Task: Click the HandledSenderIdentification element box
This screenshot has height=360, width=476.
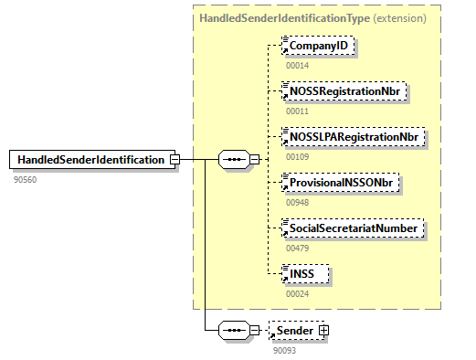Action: [90, 160]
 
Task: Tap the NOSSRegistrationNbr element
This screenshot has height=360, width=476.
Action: [344, 90]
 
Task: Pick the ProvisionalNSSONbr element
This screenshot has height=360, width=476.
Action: [344, 183]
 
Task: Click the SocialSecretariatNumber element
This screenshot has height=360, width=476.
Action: [353, 228]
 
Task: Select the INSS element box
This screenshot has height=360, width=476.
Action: [306, 273]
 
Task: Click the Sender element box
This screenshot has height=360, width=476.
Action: [294, 329]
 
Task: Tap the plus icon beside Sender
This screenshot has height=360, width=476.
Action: [323, 329]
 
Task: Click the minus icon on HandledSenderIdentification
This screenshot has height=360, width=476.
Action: [174, 160]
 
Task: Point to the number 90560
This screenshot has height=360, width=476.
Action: [26, 179]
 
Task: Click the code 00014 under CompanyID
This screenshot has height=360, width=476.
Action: [298, 66]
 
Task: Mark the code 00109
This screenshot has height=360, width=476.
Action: [298, 157]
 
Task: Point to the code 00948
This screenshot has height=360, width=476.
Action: [298, 203]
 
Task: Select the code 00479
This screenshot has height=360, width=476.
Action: [298, 248]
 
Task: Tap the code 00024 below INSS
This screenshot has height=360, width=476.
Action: [298, 293]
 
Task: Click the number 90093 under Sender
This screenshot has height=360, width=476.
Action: [286, 350]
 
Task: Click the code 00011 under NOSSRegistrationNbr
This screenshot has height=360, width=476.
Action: [298, 111]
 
